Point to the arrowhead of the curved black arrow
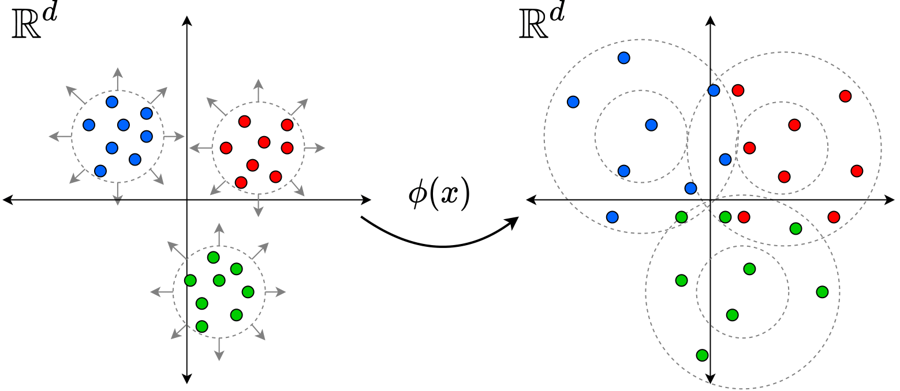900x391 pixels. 513,221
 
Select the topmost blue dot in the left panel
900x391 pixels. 112,102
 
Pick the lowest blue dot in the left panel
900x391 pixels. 100,171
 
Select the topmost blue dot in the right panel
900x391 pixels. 623,58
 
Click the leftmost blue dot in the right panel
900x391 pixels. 573,102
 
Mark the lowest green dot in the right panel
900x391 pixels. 702,355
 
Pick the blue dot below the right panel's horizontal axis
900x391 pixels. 613,217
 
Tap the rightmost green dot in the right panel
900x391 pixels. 822,292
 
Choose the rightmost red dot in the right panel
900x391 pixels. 857,171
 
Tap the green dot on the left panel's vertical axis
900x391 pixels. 190,280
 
